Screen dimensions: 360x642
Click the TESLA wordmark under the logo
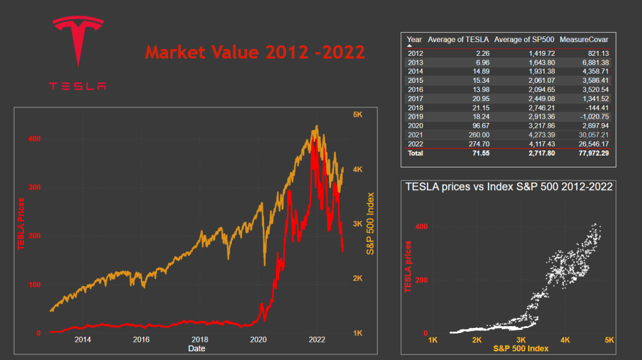(78, 86)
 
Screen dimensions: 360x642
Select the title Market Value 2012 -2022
(255, 52)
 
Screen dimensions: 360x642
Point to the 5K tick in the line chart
(358, 115)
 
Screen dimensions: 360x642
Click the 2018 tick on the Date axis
(200, 339)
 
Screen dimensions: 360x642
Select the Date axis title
(196, 347)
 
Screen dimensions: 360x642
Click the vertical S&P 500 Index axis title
(370, 223)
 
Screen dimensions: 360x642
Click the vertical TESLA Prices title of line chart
(21, 223)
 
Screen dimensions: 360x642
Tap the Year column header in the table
(414, 40)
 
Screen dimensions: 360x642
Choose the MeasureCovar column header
(584, 40)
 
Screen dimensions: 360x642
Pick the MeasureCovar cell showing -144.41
(596, 107)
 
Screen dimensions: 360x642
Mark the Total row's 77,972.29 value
(592, 153)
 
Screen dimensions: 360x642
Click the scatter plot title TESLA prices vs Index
(509, 186)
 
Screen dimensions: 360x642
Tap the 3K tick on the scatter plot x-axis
(520, 341)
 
